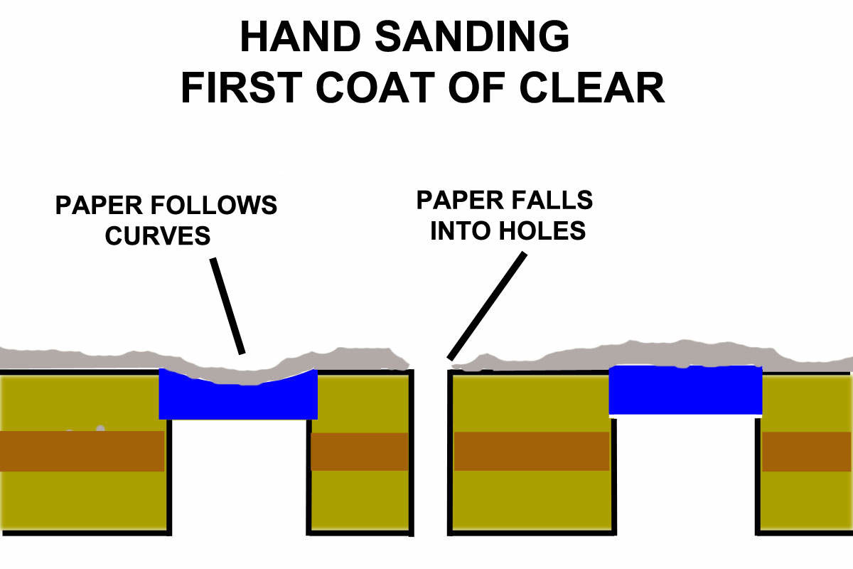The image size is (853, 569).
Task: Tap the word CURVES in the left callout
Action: tap(158, 235)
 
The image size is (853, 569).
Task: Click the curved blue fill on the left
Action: tap(238, 402)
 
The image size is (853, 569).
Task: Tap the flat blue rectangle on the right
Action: tap(685, 390)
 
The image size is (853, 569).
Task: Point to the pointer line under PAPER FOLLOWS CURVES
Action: tap(227, 306)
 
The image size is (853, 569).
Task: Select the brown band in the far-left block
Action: tap(82, 450)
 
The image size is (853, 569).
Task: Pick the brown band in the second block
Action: tap(360, 451)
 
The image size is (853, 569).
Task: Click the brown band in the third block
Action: tap(531, 451)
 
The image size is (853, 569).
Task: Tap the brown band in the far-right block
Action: tap(807, 451)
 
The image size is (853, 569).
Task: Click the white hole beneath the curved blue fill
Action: tap(239, 484)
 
